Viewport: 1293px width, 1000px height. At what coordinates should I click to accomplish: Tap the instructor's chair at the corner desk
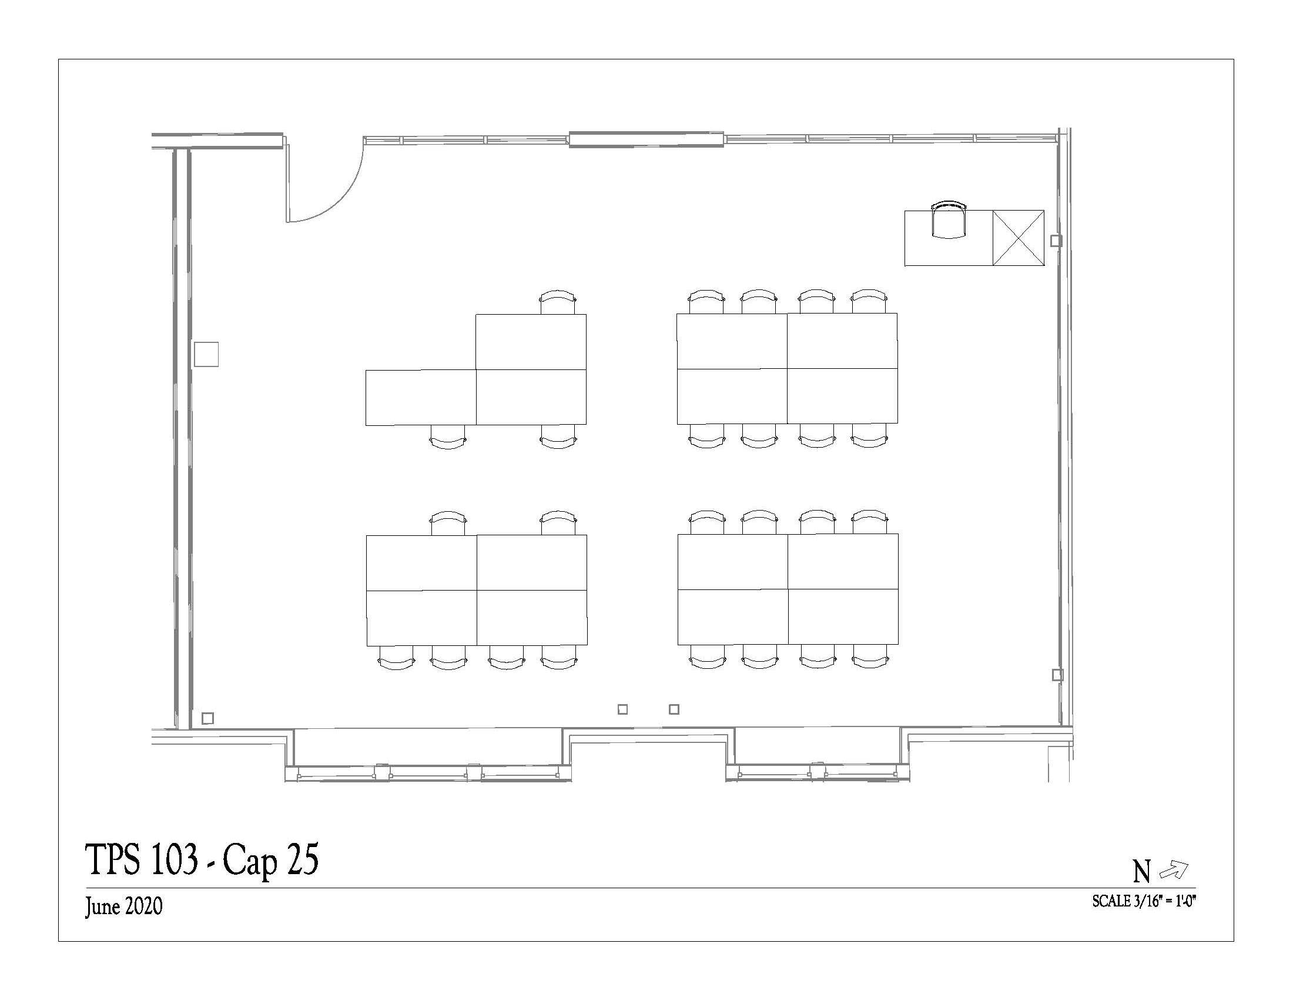coord(949,220)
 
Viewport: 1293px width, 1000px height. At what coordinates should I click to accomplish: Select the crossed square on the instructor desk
coord(1019,238)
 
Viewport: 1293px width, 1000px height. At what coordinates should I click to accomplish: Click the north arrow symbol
coord(1174,869)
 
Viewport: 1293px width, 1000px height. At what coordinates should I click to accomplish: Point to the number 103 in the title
coord(174,859)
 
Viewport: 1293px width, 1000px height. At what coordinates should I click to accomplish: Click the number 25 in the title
coord(303,859)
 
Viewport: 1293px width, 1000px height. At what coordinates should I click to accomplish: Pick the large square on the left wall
coord(207,354)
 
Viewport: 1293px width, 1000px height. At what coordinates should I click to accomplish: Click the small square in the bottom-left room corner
coord(207,718)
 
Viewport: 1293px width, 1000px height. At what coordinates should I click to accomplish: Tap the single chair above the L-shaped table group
coord(558,302)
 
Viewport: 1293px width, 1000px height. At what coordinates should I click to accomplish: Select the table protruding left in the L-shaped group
coord(421,398)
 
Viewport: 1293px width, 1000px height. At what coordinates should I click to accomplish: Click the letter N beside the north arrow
coord(1141,871)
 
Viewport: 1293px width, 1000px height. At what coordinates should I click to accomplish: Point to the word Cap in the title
coord(250,861)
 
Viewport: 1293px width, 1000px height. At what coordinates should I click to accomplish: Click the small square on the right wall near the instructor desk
coord(1056,241)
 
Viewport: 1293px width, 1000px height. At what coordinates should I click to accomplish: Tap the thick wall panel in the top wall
coord(646,139)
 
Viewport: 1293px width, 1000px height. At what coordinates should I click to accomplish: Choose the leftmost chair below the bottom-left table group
coord(396,657)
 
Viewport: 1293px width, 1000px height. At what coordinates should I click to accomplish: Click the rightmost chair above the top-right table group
coord(869,302)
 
